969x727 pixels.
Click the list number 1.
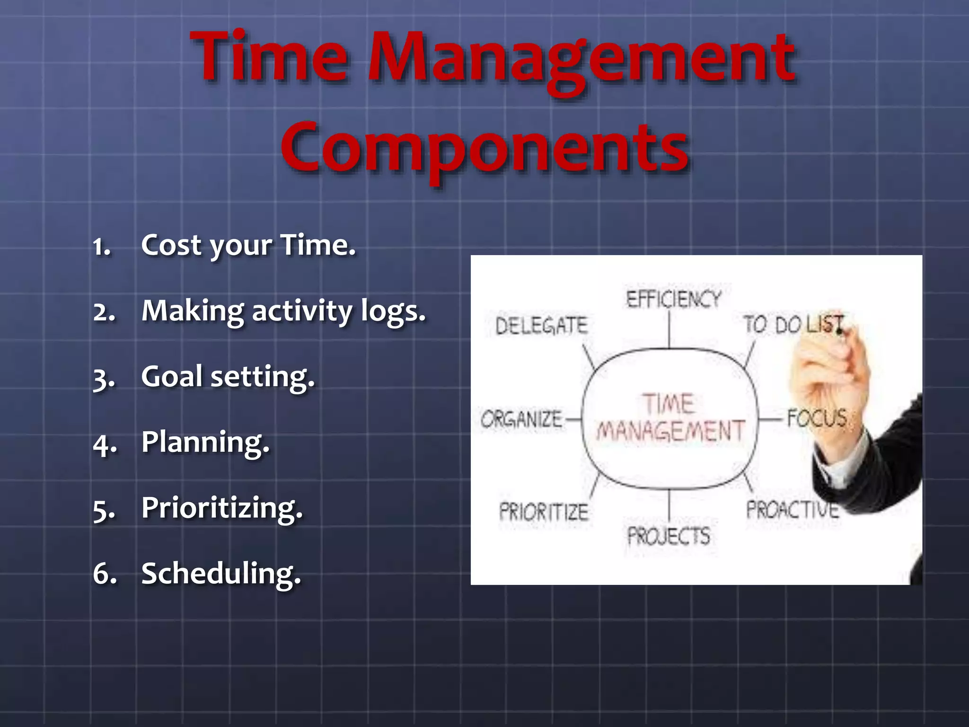pyautogui.click(x=102, y=247)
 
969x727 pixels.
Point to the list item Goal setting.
pyautogui.click(x=228, y=377)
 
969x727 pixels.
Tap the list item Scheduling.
pyautogui.click(x=221, y=574)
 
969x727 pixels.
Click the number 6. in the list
pyautogui.click(x=105, y=574)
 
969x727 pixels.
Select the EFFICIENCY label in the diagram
pyautogui.click(x=673, y=299)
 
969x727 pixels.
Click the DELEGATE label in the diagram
pyautogui.click(x=541, y=326)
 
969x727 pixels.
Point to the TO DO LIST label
pyautogui.click(x=793, y=325)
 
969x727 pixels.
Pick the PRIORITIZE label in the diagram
pyautogui.click(x=544, y=512)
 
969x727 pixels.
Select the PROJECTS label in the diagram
pyautogui.click(x=669, y=536)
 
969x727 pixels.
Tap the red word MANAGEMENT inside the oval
pyautogui.click(x=670, y=431)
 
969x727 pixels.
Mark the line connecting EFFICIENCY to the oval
pyautogui.click(x=669, y=330)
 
